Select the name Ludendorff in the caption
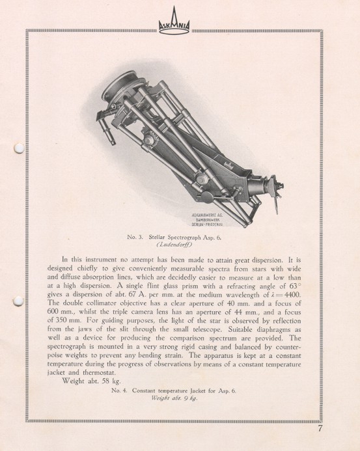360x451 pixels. click(x=178, y=246)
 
